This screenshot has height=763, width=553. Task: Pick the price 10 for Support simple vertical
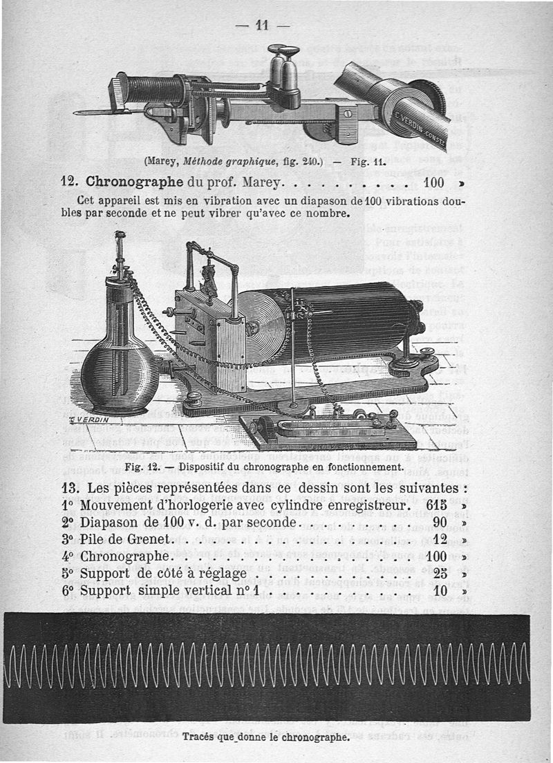click(441, 592)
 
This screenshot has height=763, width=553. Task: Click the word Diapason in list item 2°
click(111, 522)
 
